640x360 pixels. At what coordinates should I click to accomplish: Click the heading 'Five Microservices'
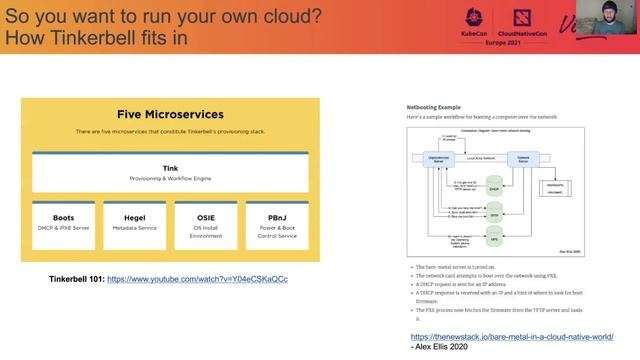(170, 114)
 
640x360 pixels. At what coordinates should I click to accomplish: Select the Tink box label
(170, 168)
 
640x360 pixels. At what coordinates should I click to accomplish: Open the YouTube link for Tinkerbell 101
(197, 279)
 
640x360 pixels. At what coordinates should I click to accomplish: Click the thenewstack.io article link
(511, 337)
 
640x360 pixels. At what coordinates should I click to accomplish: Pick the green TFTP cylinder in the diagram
(493, 213)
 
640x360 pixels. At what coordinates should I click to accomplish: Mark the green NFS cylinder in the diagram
(493, 238)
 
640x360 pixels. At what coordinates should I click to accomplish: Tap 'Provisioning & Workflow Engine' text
(170, 179)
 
